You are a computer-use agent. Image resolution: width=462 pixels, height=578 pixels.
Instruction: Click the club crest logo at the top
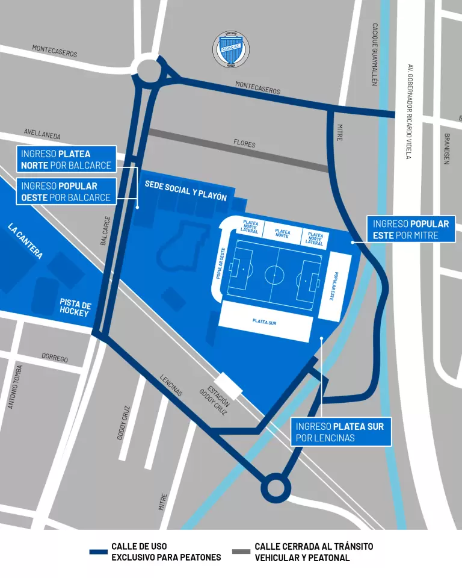(x=231, y=50)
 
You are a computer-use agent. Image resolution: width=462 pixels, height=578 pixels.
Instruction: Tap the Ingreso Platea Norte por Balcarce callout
(x=66, y=160)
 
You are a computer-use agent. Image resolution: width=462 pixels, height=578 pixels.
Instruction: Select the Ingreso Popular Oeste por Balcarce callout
(x=66, y=191)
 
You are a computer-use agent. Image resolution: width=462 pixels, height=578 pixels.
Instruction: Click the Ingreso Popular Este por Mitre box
(x=411, y=229)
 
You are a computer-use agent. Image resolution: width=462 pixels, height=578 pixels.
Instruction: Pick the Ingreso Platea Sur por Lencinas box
(x=341, y=432)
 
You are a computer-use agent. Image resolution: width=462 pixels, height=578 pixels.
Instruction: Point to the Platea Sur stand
(x=265, y=322)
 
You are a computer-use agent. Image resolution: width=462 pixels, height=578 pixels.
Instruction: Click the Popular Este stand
(x=334, y=286)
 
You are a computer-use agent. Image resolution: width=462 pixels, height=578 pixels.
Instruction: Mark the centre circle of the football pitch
(x=274, y=275)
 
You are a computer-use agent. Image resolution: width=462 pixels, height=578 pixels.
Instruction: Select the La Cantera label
(x=25, y=241)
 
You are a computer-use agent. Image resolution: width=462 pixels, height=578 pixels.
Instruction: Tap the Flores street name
(x=244, y=144)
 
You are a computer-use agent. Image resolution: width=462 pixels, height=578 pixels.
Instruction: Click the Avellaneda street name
(x=42, y=134)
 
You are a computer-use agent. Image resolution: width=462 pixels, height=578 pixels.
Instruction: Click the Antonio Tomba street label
(x=15, y=387)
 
